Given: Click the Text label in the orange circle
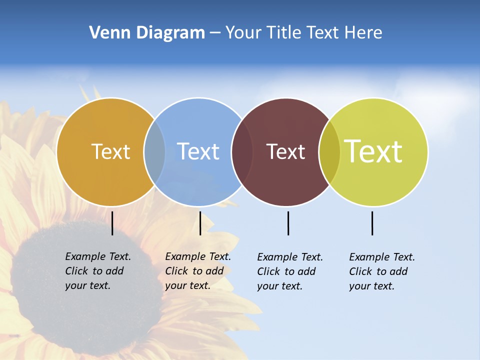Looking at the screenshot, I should pyautogui.click(x=110, y=151).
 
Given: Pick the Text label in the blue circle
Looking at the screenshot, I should pyautogui.click(x=198, y=151).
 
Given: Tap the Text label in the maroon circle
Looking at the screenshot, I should pyautogui.click(x=285, y=151).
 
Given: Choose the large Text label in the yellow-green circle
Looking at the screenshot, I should pyautogui.click(x=373, y=151).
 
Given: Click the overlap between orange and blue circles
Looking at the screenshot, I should pyautogui.click(x=154, y=151).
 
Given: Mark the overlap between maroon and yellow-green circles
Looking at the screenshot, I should pyautogui.click(x=329, y=151).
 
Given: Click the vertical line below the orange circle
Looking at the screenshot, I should pyautogui.click(x=112, y=223).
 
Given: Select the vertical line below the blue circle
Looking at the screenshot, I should pyautogui.click(x=200, y=223).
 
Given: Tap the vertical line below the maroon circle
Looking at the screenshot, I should pyautogui.click(x=288, y=223).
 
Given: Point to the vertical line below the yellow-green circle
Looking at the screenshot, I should pyautogui.click(x=372, y=223).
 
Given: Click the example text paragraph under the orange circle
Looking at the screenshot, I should pyautogui.click(x=97, y=271).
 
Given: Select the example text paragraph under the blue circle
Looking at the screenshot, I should pyautogui.click(x=197, y=271).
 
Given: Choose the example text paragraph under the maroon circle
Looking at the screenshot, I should pyautogui.click(x=289, y=271).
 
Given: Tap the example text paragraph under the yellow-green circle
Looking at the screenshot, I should pyautogui.click(x=381, y=271).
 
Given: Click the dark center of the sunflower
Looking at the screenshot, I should pyautogui.click(x=85, y=285).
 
